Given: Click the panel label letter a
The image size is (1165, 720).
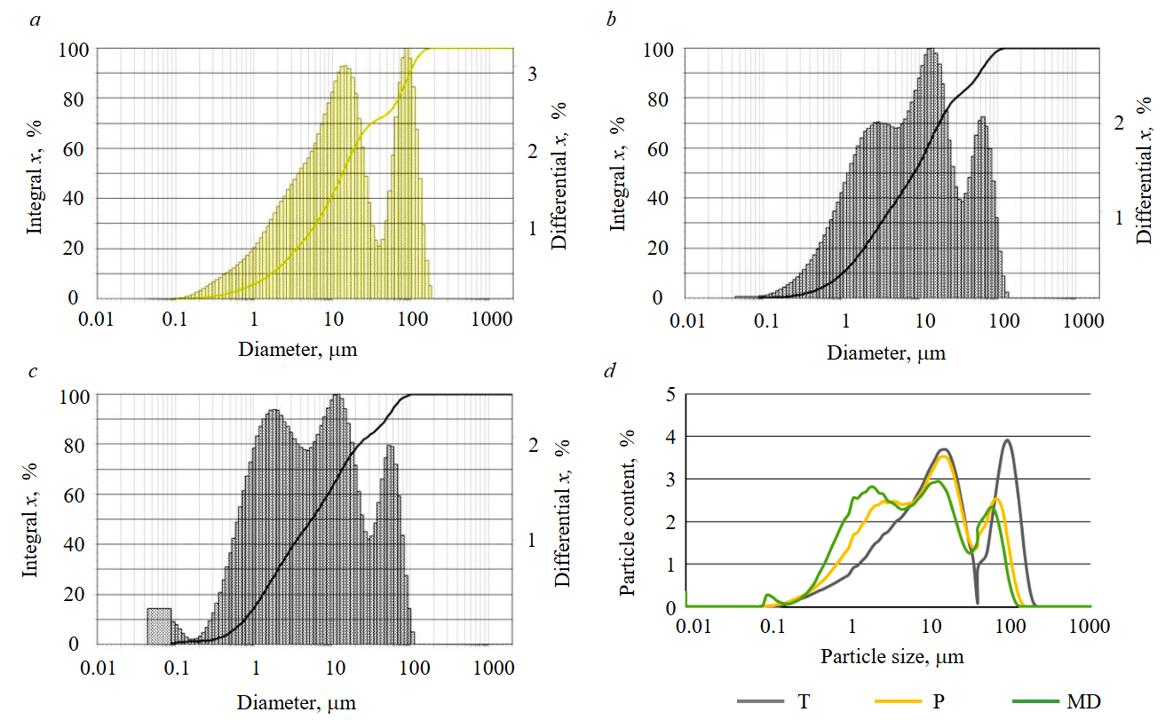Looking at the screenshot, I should tap(36, 20).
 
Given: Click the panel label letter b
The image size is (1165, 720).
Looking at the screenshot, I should tap(611, 20).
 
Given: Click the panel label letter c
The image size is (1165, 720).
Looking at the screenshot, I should tap(34, 371).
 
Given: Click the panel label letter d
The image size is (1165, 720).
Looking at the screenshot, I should tap(610, 371).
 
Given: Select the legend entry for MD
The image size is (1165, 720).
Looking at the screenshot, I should tap(1083, 702).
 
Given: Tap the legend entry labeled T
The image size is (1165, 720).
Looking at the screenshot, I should tap(804, 702).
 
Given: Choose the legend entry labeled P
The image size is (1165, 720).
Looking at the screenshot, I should tap(938, 702).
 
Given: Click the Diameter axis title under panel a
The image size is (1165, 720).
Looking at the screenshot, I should tap(297, 349).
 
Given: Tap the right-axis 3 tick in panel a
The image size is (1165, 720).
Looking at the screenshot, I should tap(532, 75).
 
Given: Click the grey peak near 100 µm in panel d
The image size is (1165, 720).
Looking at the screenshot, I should tap(1007, 440).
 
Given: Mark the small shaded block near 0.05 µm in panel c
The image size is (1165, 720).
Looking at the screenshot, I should tap(159, 625).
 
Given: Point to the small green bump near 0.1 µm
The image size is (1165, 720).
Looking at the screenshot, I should tap(770, 596).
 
